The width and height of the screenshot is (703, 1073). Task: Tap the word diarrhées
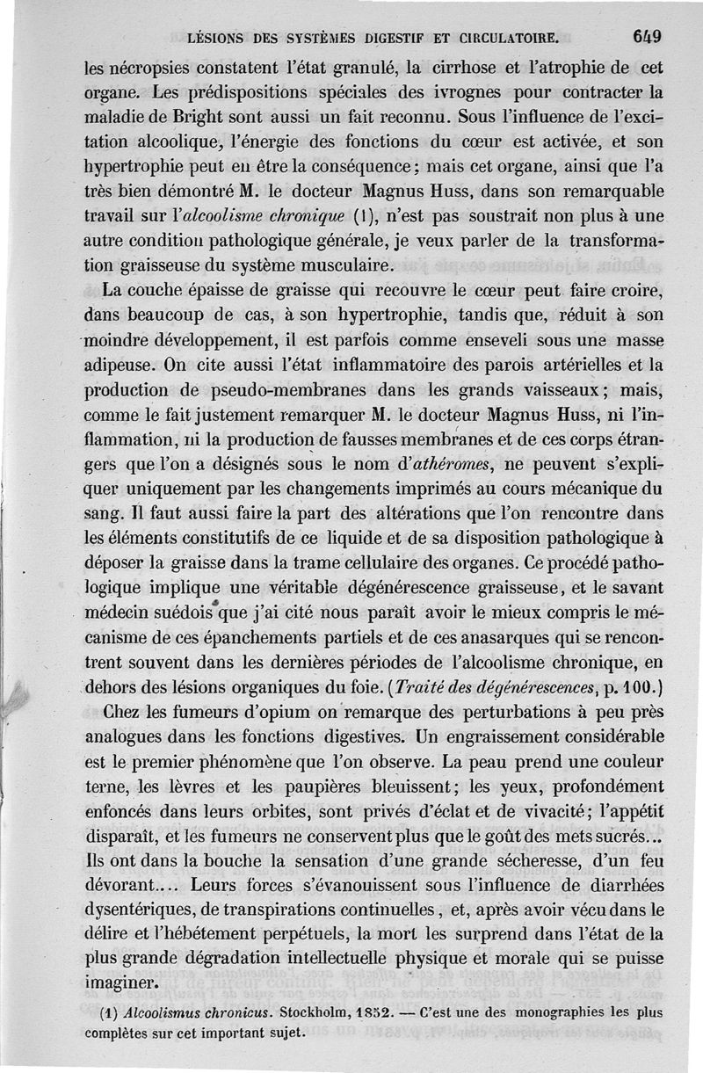609,876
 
